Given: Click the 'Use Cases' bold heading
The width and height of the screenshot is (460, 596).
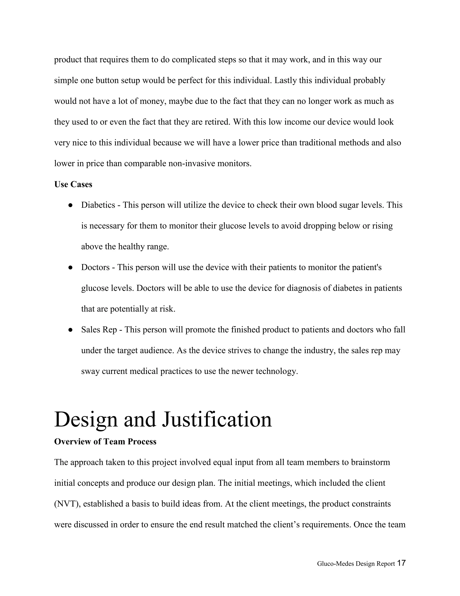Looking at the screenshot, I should pos(73,184).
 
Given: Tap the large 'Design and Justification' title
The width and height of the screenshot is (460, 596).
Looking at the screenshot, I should pos(163,419).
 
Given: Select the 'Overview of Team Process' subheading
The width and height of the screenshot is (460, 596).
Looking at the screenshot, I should pos(105,441).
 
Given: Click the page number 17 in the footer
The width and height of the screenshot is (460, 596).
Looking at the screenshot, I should pos(401,563).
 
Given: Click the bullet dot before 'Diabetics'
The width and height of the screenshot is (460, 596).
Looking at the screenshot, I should pos(70,205).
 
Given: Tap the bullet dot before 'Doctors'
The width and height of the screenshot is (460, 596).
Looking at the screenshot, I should pos(70,267).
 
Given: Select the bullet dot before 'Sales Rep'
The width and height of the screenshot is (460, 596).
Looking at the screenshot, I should pos(70,330).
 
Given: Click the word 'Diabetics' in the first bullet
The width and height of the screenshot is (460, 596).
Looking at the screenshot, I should pos(98,205).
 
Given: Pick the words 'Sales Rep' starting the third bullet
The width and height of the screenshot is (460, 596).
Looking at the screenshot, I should pos(99,330).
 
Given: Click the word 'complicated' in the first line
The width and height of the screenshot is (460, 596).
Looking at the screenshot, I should pos(194,60).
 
